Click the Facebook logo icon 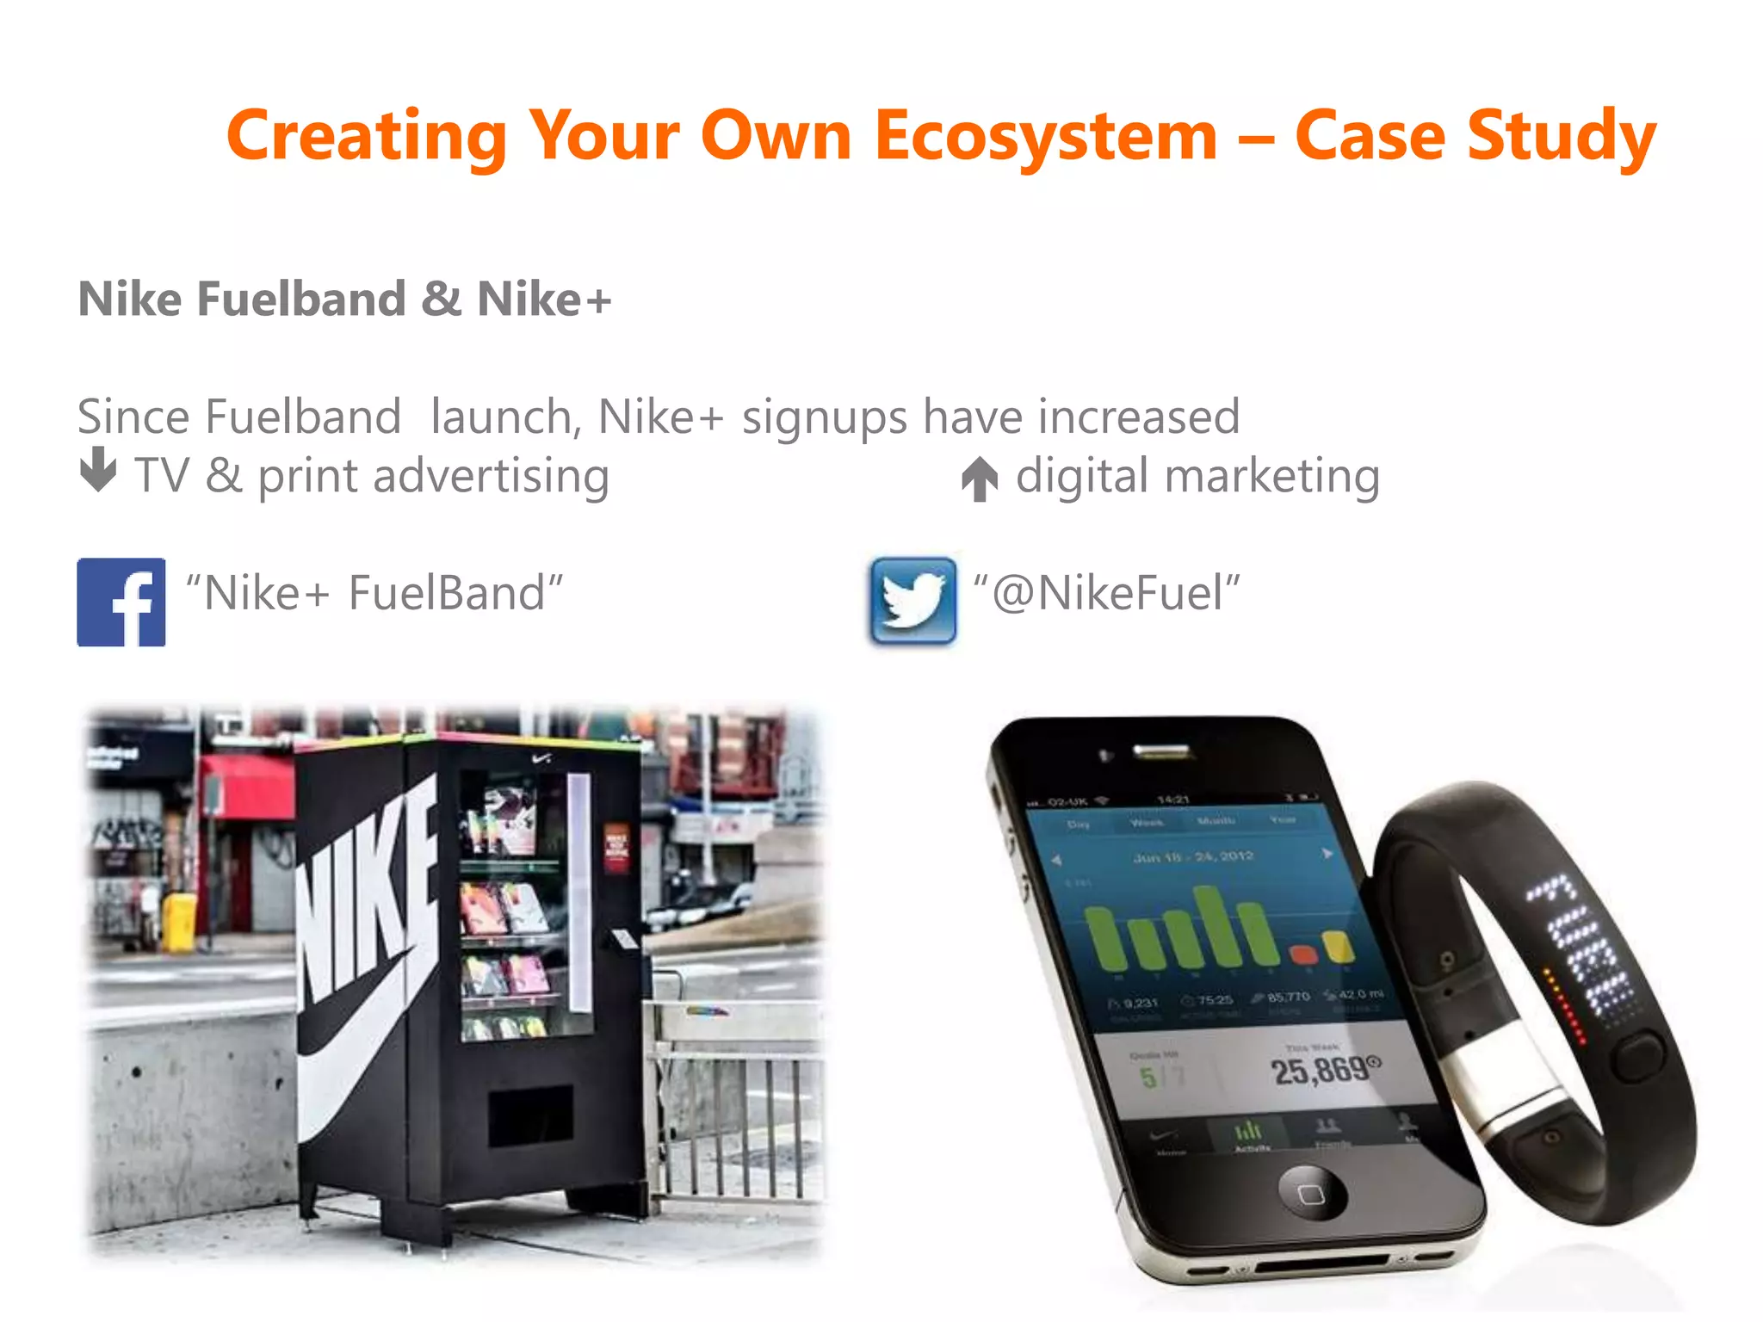pyautogui.click(x=121, y=602)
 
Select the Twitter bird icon pyautogui.click(x=912, y=601)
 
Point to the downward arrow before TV pyautogui.click(x=98, y=469)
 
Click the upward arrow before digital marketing pyautogui.click(x=980, y=479)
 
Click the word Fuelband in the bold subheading pyautogui.click(x=301, y=300)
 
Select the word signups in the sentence pyautogui.click(x=825, y=418)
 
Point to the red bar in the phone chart pyautogui.click(x=1302, y=954)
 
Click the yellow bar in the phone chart pyautogui.click(x=1339, y=947)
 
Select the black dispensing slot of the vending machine pyautogui.click(x=530, y=1115)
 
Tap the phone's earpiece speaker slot pyautogui.click(x=1162, y=752)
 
